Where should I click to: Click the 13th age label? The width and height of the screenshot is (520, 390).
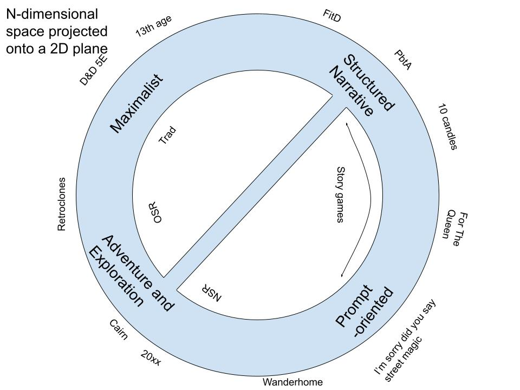(x=153, y=26)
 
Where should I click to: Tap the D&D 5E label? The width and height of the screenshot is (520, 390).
(x=94, y=70)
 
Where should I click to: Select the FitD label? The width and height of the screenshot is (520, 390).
(x=331, y=16)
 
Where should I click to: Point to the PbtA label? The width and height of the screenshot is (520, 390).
(x=402, y=61)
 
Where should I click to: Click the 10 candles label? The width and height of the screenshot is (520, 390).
(x=448, y=126)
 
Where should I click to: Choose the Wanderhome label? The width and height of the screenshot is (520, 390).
(x=292, y=382)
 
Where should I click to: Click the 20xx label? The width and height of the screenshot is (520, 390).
(x=151, y=357)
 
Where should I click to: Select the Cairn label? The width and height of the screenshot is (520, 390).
(x=118, y=330)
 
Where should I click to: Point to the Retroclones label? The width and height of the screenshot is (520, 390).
(x=61, y=204)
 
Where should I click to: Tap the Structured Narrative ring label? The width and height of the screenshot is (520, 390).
(x=360, y=86)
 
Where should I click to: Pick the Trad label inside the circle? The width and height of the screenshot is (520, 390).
(x=167, y=135)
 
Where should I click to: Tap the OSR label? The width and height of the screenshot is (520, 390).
(x=158, y=213)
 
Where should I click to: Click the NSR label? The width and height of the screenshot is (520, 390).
(x=211, y=292)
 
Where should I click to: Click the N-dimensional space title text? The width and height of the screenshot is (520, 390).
(x=56, y=30)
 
